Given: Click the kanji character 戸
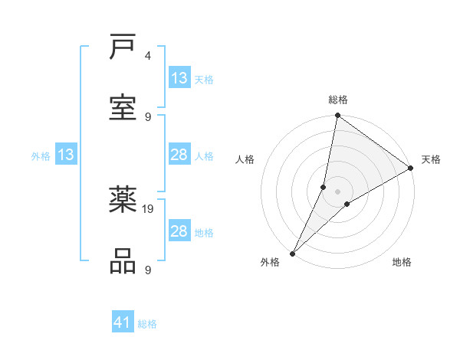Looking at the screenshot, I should click(x=123, y=48).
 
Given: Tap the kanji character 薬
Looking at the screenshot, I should click(x=123, y=201).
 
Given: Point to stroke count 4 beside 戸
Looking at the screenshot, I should click(x=147, y=57).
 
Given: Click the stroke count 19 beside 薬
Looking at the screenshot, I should click(x=149, y=208).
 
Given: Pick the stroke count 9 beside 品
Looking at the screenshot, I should click(x=147, y=270).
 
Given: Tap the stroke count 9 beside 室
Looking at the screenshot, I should click(x=147, y=116).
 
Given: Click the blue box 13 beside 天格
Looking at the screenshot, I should click(x=179, y=78).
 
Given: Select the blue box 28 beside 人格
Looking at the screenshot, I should click(x=179, y=155).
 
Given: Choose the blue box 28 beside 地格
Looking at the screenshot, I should click(x=179, y=231).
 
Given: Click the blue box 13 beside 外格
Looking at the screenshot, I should click(x=66, y=155).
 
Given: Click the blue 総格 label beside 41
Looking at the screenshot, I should click(x=147, y=324).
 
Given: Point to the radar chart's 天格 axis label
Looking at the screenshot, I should click(x=431, y=159).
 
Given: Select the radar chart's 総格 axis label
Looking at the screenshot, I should click(x=338, y=100).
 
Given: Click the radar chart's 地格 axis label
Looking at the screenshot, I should click(x=402, y=262).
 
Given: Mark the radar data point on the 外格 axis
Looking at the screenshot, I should click(x=293, y=253).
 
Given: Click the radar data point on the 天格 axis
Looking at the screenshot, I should click(x=411, y=168).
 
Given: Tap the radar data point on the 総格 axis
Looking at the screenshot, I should click(x=337, y=116).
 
